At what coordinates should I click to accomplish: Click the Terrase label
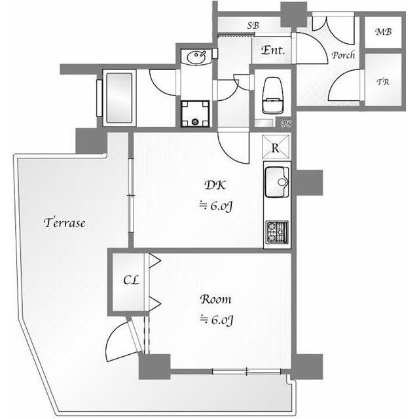(x=64, y=223)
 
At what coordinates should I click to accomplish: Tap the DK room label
(x=215, y=185)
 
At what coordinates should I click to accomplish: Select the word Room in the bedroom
(x=215, y=299)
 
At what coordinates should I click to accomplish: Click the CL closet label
(x=131, y=280)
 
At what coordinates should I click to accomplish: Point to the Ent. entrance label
(x=273, y=50)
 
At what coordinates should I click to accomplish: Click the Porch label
(x=343, y=55)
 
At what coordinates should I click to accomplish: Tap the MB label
(x=384, y=32)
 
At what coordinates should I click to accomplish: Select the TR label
(x=383, y=81)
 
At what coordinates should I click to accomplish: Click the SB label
(x=253, y=26)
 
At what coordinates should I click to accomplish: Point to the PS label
(x=286, y=124)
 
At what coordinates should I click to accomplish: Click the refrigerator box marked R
(x=276, y=147)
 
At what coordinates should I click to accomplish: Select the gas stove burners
(x=276, y=232)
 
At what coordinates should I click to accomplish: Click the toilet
(x=273, y=96)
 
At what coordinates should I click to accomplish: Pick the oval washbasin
(x=196, y=57)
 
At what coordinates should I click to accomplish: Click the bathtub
(x=119, y=98)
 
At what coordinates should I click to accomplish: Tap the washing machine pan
(x=195, y=113)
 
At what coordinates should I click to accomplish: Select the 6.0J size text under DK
(x=216, y=206)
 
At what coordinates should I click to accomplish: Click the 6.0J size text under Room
(x=217, y=320)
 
